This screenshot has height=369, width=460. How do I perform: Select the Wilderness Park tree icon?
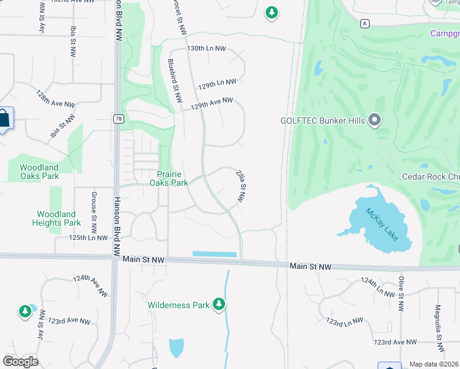(218, 304)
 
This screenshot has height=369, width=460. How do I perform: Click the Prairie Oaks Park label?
(169, 178)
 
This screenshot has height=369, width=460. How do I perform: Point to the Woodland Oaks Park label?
(39, 171)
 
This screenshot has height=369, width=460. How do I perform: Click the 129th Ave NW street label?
(212, 103)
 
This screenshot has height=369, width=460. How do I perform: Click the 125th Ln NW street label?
(88, 237)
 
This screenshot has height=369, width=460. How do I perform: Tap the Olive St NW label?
(400, 295)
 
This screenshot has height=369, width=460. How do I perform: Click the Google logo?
(20, 361)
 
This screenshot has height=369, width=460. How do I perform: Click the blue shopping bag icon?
(4, 119)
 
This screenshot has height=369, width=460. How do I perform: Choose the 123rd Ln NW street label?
(344, 322)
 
